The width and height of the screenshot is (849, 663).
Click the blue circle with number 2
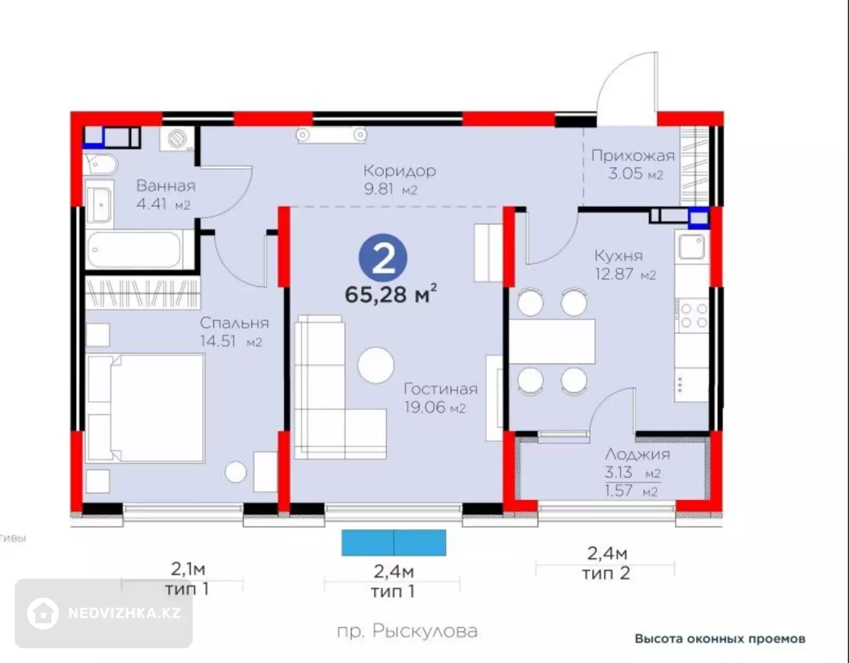(383, 258)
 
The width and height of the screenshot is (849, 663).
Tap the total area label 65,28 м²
(391, 294)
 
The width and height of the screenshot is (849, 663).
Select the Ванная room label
(166, 186)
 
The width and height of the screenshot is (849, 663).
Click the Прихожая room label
(633, 156)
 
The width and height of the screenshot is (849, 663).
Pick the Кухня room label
(618, 256)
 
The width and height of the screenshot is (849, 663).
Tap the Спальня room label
(235, 324)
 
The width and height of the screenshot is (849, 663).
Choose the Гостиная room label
(440, 389)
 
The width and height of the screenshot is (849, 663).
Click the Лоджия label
(637, 454)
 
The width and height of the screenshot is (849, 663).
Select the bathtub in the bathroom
(134, 249)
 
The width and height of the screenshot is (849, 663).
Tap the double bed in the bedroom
(146, 408)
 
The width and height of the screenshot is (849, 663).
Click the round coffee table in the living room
(376, 365)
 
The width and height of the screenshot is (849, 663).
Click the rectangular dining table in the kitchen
(552, 342)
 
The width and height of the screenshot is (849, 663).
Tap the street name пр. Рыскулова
(407, 631)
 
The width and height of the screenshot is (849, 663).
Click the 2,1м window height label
(187, 570)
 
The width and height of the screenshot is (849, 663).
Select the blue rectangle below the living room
(394, 543)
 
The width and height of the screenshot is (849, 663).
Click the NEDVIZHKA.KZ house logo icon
(43, 613)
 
